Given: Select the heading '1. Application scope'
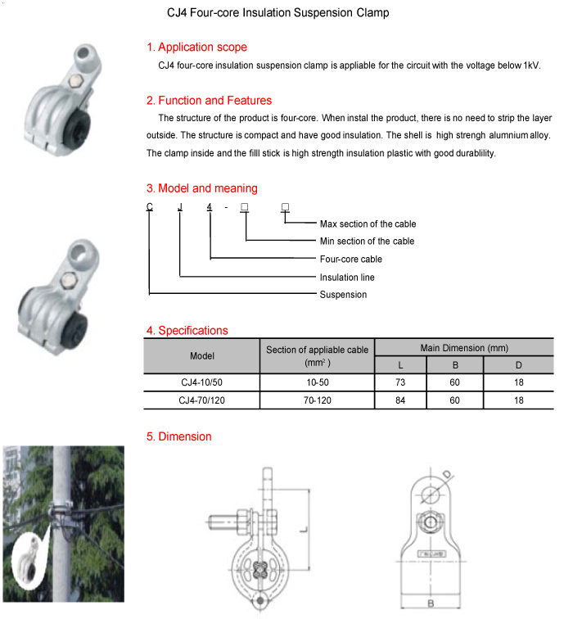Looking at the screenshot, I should click(196, 47).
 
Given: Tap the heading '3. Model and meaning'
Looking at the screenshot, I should click(201, 188).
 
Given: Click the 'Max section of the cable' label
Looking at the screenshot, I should click(368, 224).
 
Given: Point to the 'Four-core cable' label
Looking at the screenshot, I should click(350, 259).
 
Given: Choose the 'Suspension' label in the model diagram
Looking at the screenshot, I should click(343, 294).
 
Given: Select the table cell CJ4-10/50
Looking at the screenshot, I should click(201, 383).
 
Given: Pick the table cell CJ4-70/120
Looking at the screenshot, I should click(201, 400).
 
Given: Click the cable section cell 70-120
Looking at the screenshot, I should click(317, 400).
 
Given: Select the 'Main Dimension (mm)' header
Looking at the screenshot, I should click(464, 348).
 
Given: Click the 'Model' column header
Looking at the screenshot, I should click(201, 356).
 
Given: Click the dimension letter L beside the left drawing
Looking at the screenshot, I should click(302, 531).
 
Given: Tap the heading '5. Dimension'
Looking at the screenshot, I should click(178, 436).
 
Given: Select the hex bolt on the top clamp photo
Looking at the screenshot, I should click(76, 81).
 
